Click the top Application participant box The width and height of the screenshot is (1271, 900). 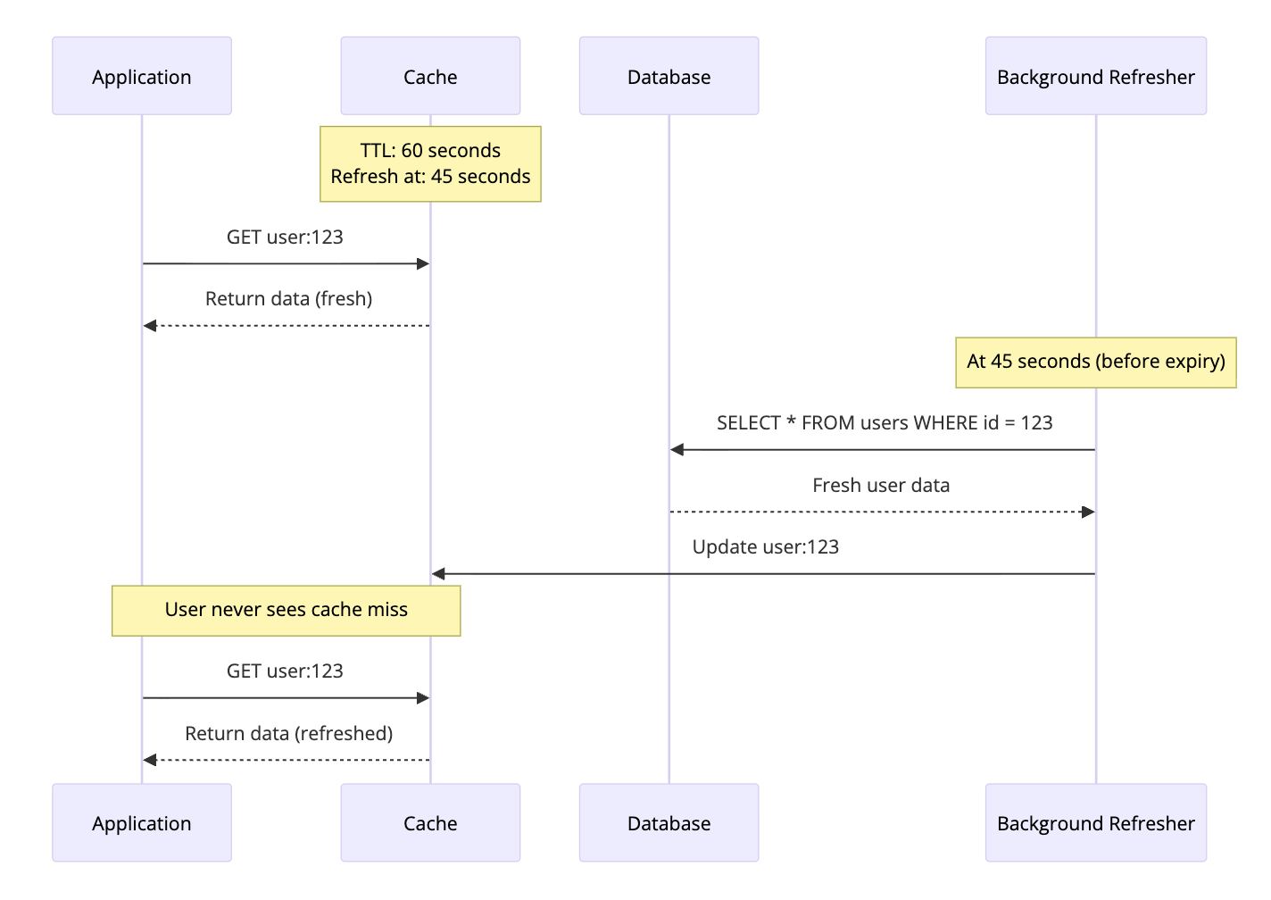[x=142, y=76]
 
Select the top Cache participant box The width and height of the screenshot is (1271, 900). [x=430, y=76]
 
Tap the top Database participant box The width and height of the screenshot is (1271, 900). [x=669, y=76]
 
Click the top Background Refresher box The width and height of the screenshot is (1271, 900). [x=1095, y=76]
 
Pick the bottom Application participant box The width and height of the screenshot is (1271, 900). [x=142, y=822]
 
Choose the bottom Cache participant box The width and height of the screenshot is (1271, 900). [x=430, y=822]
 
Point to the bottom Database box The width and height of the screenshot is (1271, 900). [x=669, y=822]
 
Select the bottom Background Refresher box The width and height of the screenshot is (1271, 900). [x=1095, y=822]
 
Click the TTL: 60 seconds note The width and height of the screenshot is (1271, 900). [x=430, y=163]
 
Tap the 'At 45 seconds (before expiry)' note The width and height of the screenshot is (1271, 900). [x=1095, y=362]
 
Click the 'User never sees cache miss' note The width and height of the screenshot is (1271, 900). [x=286, y=610]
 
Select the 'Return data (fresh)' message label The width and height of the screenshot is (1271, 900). [x=288, y=299]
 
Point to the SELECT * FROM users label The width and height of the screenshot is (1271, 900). [x=884, y=423]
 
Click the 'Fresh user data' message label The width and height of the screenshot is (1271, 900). [x=881, y=486]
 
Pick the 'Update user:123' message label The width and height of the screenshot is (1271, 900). [x=765, y=547]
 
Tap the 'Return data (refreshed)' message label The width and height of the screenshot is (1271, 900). [x=288, y=734]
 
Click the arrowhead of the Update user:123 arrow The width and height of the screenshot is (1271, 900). [x=438, y=574]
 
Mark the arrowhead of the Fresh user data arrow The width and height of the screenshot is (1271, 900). [x=1088, y=512]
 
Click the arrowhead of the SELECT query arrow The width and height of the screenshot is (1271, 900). [x=677, y=450]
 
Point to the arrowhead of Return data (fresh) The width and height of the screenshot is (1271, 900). [x=150, y=326]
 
